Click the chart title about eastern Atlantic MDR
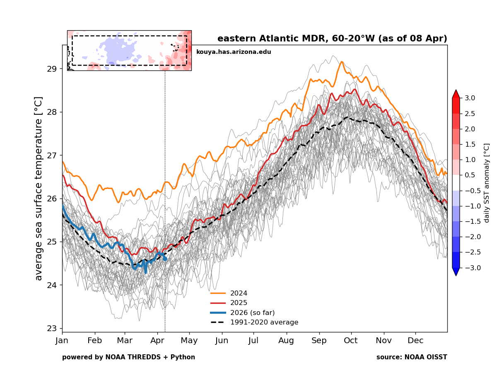(x=332, y=39)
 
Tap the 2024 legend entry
(x=239, y=293)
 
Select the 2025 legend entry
(x=239, y=303)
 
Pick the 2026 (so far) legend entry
(x=252, y=312)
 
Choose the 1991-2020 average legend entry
(x=264, y=322)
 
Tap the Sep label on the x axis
(x=319, y=341)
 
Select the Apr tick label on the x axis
(x=157, y=341)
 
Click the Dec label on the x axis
(x=415, y=341)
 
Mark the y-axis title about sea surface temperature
(x=39, y=189)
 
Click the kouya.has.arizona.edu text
(x=234, y=52)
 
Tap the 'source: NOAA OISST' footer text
(x=412, y=357)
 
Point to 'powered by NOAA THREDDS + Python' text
(x=128, y=357)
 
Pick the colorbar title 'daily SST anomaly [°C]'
(x=487, y=183)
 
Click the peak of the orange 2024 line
(x=342, y=62)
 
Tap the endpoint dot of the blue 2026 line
(x=165, y=259)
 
